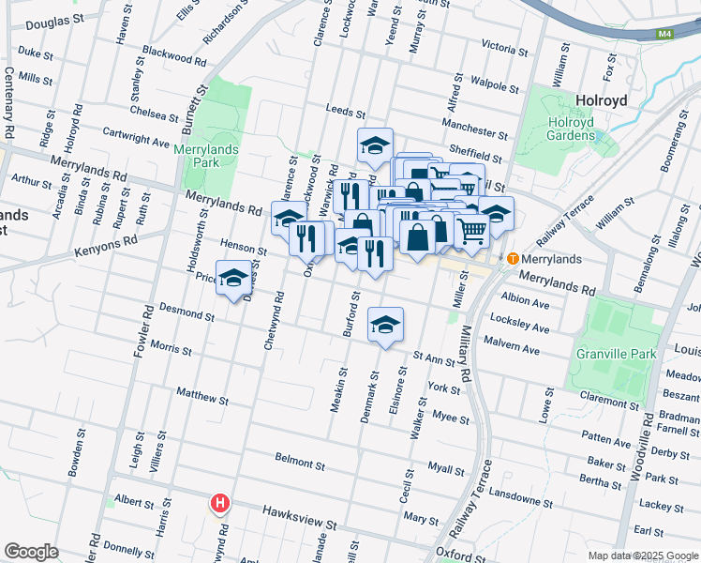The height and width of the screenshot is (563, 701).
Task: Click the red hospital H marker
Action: [219, 504]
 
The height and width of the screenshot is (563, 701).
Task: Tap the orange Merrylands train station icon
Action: [513, 258]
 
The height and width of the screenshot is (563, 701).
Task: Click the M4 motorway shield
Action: [664, 35]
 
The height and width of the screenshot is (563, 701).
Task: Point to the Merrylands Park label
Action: [206, 156]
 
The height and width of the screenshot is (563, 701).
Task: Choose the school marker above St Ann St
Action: [385, 324]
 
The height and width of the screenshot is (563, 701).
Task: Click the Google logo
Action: [31, 552]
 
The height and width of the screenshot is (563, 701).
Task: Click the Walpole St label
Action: [496, 85]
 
